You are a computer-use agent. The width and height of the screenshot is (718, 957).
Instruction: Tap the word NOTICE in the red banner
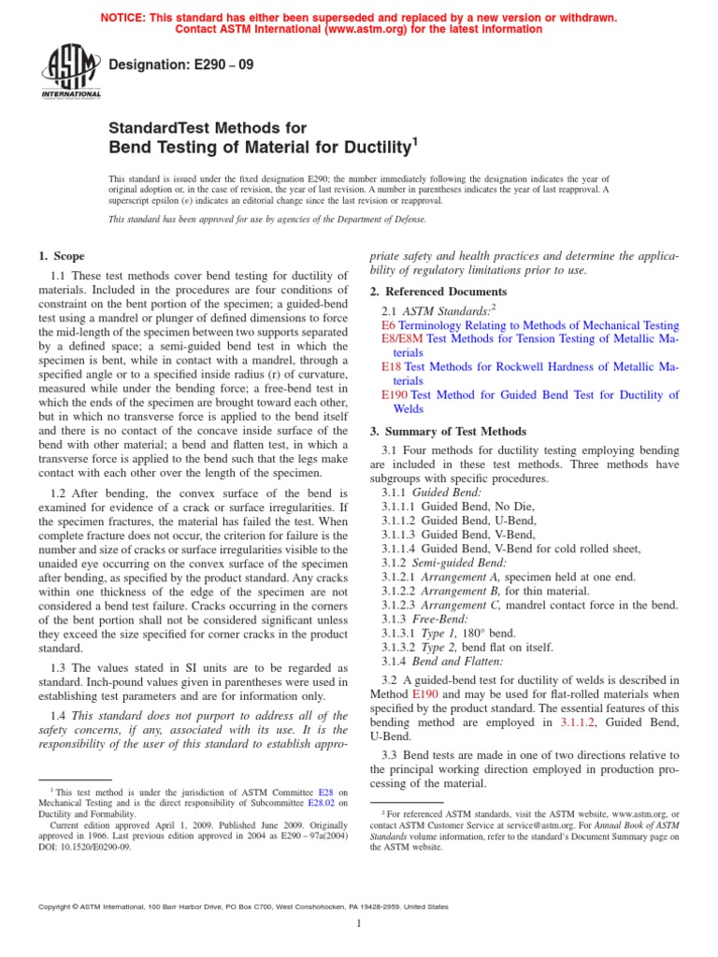coord(124,16)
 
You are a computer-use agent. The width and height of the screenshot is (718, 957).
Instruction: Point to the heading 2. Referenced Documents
coord(434,292)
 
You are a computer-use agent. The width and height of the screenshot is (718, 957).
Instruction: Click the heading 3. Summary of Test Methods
coord(448,432)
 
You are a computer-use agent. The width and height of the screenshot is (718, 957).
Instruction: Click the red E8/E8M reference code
coord(402,338)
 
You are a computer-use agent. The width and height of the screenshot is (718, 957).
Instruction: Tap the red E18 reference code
coord(391,367)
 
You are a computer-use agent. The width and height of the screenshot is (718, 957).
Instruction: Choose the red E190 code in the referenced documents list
coord(395,395)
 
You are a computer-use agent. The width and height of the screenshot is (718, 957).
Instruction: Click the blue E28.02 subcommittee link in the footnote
coord(323,802)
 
